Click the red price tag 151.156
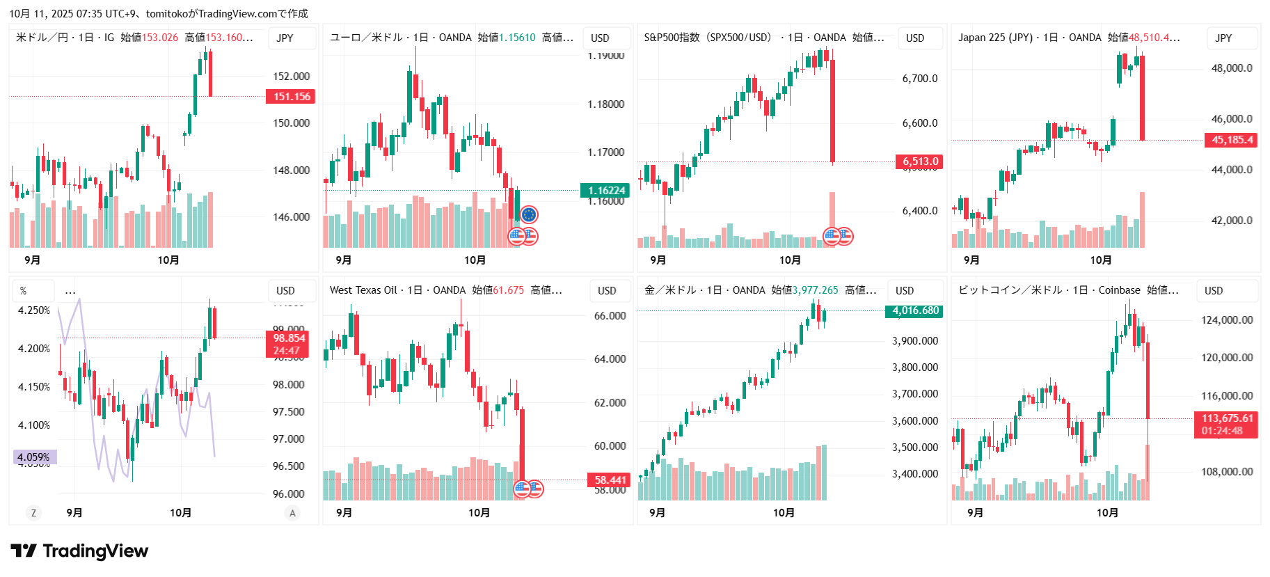coord(291,97)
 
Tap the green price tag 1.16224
coord(605,191)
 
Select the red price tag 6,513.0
coord(920,161)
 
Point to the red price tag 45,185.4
coord(1232,140)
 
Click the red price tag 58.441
coord(610,480)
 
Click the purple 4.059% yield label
coord(34,457)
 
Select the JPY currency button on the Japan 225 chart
coord(1223,38)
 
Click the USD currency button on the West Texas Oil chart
coord(607,291)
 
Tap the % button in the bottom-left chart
coord(24,291)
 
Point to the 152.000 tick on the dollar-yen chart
coord(291,77)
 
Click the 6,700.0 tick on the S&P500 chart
coord(919,79)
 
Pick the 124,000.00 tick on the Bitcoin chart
coord(1227,320)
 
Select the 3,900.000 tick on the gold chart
coord(914,341)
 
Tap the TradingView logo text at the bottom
coord(95,551)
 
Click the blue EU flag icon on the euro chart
coord(529,215)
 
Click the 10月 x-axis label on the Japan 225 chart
coord(1100,260)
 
